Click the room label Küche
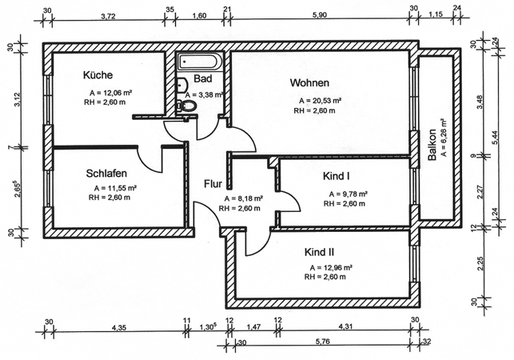coord(98,75)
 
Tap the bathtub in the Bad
coord(201,62)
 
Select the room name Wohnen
coord(309,83)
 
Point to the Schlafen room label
coord(108,173)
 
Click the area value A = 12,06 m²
coord(111,93)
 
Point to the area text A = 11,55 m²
coord(115,188)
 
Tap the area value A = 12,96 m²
coord(328,268)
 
